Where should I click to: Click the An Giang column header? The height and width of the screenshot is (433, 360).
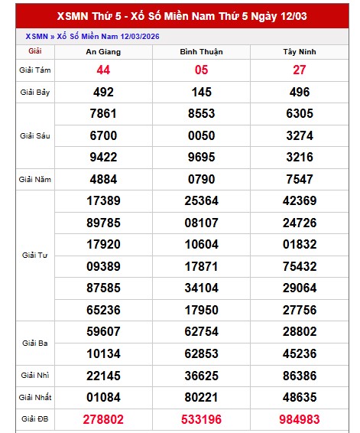click(103, 52)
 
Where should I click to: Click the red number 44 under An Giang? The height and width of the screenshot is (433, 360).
click(103, 70)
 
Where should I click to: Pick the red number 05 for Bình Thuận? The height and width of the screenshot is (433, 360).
click(201, 70)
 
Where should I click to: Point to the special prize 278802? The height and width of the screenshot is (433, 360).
click(103, 419)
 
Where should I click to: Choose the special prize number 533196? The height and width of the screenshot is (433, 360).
click(201, 419)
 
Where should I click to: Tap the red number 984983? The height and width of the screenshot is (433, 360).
click(299, 419)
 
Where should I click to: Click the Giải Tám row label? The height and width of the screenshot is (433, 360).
click(34, 70)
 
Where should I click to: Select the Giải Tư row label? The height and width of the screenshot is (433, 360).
click(34, 255)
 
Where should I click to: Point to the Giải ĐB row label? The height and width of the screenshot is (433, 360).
click(34, 419)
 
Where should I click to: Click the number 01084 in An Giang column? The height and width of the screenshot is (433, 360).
click(103, 398)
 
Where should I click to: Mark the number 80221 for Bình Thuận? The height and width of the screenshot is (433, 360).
click(201, 398)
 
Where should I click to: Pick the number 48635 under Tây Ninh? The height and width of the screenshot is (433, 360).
click(299, 398)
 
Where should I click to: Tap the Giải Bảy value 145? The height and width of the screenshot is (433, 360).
click(201, 92)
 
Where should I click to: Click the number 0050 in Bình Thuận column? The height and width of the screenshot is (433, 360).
click(201, 135)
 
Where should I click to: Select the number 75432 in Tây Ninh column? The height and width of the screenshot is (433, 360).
click(299, 266)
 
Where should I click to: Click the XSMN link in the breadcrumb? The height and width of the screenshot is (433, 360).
click(36, 36)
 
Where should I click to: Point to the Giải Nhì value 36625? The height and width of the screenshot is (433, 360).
click(201, 376)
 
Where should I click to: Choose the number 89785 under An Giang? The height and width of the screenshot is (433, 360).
click(103, 223)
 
